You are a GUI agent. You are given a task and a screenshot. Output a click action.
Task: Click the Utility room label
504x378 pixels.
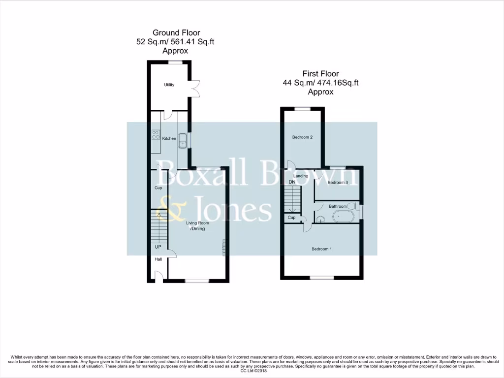pos(169,85)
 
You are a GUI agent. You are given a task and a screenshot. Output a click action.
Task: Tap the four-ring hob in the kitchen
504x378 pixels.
pos(156,135)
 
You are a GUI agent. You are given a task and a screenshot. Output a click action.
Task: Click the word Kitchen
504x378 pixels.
pos(169,139)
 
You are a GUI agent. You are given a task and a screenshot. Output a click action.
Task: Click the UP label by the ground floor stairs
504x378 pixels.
pos(158,247)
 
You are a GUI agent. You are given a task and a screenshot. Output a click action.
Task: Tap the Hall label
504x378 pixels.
pos(158,259)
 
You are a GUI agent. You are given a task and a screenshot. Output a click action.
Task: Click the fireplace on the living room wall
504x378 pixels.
pos(224,247)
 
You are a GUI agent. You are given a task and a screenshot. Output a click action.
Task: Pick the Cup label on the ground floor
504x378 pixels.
pos(158,188)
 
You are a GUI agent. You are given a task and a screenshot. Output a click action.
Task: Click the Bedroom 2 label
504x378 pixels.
pos(302,137)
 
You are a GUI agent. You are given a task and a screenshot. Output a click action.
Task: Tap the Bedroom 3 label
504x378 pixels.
pos(338,183)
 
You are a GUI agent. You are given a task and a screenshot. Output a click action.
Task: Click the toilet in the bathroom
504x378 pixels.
pos(353,206)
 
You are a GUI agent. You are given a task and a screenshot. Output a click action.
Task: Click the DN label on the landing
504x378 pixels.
pos(292,183)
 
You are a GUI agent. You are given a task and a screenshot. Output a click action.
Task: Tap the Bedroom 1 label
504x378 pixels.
pos(321,249)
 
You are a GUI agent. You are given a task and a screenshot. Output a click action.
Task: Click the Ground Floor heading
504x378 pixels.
pos(176,33)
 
